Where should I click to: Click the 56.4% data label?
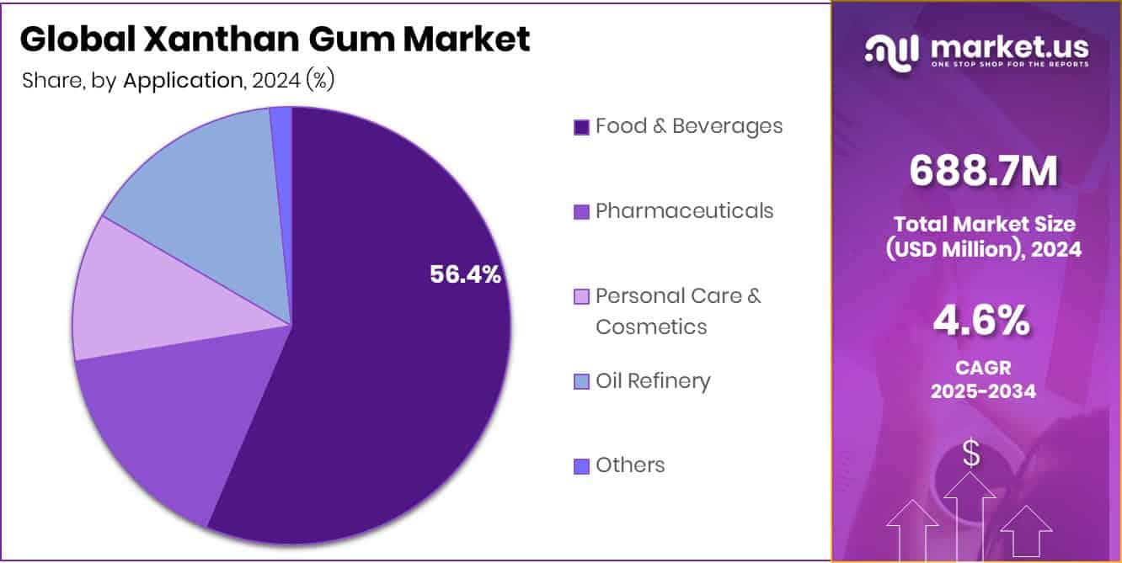coord(465,274)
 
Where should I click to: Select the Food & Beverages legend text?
coord(689,126)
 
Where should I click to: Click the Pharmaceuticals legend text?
coord(684,210)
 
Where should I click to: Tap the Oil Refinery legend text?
coord(653,381)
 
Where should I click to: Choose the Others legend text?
coord(630,465)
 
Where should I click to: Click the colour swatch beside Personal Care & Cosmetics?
coord(581,297)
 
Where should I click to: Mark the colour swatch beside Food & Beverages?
coord(581,127)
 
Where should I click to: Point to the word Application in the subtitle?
coord(183,81)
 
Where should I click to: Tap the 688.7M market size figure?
coord(983,172)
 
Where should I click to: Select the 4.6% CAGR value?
coord(982,321)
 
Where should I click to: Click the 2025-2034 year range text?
coord(982,391)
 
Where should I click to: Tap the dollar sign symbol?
coord(971,454)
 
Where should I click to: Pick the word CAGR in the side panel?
coord(982,368)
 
